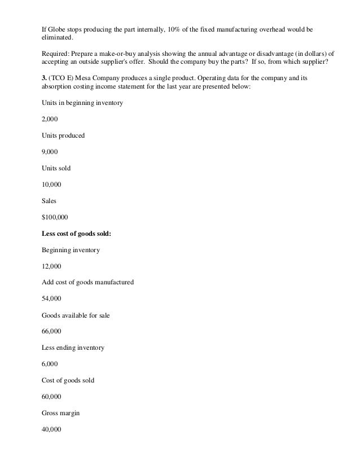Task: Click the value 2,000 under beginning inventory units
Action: tap(50, 120)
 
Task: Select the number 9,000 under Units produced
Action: tap(50, 152)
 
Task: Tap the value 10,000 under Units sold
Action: tap(51, 184)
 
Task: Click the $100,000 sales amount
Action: tap(54, 217)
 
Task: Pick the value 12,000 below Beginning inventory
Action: tap(51, 266)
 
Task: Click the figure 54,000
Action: tap(51, 298)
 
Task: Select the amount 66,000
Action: tap(51, 331)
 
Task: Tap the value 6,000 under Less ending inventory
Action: tap(50, 364)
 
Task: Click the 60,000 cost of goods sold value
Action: tap(51, 397)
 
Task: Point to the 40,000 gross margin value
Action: tap(51, 429)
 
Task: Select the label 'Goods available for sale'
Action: tap(76, 315)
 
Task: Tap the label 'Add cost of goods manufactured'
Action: tap(88, 282)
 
